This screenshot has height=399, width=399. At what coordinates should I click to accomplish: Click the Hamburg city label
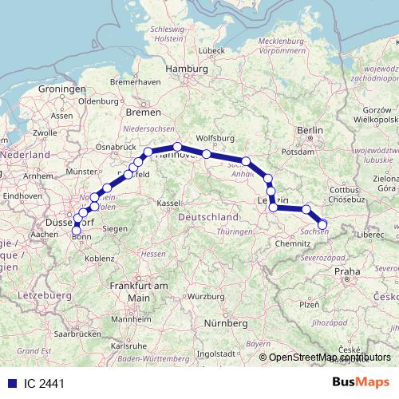pos(186,69)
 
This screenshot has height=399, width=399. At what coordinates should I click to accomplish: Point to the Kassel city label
pos(168,203)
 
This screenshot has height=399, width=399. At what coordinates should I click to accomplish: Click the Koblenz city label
pos(101,258)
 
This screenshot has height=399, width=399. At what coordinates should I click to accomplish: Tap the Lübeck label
pos(212,51)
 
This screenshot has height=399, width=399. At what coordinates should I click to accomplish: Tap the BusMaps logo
pos(361,382)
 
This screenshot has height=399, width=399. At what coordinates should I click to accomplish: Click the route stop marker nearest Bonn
pos(77,231)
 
